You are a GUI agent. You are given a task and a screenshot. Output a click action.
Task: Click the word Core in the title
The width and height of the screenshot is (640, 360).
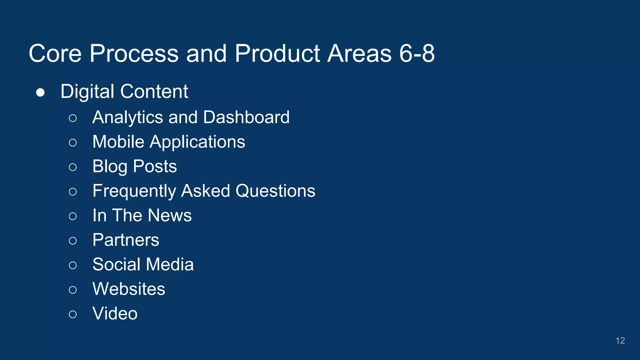click(55, 53)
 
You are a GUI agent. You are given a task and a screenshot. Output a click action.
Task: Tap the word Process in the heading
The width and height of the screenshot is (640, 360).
click(134, 53)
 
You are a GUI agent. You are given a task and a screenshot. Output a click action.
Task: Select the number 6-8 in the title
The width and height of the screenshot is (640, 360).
click(417, 53)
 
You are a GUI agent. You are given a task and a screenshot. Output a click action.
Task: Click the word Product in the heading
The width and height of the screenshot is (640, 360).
click(277, 53)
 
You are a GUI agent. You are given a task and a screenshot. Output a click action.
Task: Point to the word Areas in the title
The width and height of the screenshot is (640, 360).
click(359, 53)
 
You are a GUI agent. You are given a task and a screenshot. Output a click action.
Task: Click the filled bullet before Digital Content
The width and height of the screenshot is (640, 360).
click(40, 92)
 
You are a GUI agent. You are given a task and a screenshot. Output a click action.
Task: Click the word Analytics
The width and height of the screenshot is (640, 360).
click(127, 117)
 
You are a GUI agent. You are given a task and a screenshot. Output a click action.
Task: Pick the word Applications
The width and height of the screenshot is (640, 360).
click(197, 142)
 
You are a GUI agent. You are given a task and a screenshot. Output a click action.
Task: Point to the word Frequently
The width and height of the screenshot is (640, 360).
click(134, 191)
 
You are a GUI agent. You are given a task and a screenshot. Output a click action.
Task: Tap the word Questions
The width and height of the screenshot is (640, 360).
click(275, 191)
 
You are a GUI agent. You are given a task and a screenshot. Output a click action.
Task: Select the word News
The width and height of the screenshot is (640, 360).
click(170, 215)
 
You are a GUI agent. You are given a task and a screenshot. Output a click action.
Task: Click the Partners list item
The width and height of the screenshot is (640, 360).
click(126, 240)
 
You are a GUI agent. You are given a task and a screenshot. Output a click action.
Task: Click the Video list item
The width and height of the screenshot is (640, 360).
click(115, 313)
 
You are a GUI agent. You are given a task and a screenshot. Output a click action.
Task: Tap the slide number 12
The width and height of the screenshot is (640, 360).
click(620, 341)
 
